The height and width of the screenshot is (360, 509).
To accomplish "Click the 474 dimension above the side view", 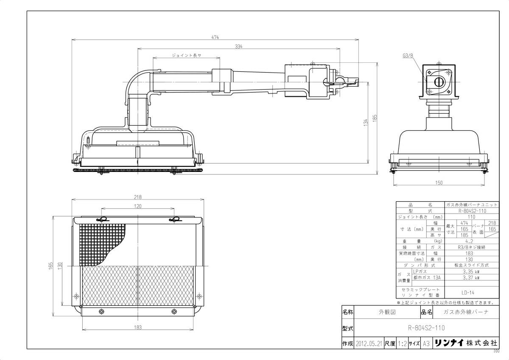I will coord(215,38).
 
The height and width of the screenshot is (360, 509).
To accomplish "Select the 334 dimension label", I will coord(238,47).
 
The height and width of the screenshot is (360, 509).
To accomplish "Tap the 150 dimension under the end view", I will coord(439,183).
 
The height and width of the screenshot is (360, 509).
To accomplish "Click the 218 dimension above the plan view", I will coord(138,197).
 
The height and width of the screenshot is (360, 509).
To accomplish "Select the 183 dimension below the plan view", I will coord(138,327).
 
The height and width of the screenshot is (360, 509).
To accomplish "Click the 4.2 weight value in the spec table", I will coord(468,241).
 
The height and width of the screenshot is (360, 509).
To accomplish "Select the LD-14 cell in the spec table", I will coord(468,292).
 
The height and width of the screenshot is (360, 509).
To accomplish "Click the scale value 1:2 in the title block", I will coord(402,343).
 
